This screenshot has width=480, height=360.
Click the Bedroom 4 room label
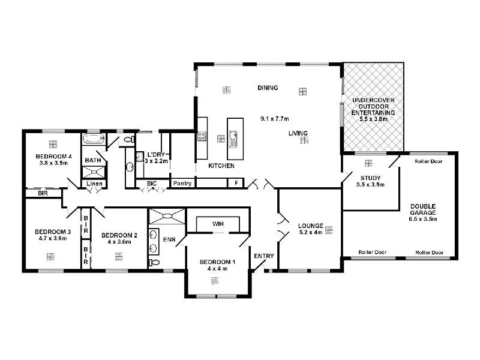tap(53, 157)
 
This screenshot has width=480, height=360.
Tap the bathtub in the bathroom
tap(94, 139)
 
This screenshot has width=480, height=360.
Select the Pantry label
tap(182, 183)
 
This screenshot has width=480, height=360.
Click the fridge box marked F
tap(236, 183)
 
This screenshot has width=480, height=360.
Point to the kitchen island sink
tap(233, 139)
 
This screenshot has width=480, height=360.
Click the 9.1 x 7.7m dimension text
tap(275, 118)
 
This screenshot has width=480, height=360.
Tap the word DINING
tap(268, 88)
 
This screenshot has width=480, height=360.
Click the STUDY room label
tap(370, 178)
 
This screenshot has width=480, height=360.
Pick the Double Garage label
tap(424, 209)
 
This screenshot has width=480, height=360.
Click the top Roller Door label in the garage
tap(428, 161)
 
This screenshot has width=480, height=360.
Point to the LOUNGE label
tap(311, 226)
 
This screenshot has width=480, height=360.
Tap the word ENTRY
tap(264, 256)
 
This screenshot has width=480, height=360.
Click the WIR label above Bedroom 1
tap(218, 224)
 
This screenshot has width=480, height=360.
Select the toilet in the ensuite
tap(155, 262)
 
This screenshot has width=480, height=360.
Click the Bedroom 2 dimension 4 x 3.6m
tap(119, 242)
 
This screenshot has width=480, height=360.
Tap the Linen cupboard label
tap(94, 184)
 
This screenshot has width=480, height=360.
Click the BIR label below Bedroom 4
tap(43, 193)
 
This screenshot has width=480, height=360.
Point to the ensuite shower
tap(167, 216)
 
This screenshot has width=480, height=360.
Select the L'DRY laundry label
tap(156, 155)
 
